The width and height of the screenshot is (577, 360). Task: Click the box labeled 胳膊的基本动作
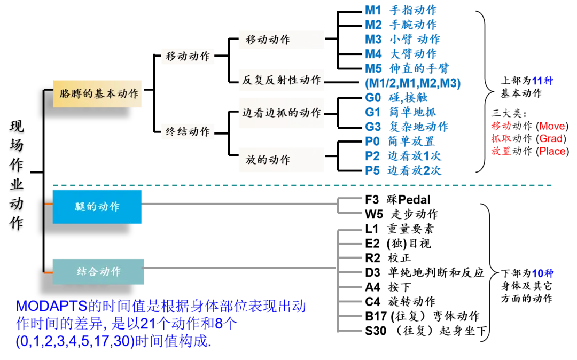[x=99, y=93]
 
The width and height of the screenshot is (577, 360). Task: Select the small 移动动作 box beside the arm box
[x=188, y=57]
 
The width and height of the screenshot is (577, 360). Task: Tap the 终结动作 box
[x=188, y=131]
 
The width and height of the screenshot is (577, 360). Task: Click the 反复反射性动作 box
[x=280, y=80]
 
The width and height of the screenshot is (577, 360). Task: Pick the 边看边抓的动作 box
[x=280, y=113]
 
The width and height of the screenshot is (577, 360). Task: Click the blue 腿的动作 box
[x=98, y=206]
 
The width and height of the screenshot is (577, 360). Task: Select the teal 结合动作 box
[x=99, y=271]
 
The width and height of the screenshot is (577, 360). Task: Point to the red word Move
[x=552, y=127]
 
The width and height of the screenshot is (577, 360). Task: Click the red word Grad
[x=551, y=139]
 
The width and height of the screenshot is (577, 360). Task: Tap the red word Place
[x=552, y=152]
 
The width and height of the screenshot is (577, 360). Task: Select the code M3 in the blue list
[x=372, y=40]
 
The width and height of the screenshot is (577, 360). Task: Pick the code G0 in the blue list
[x=372, y=97]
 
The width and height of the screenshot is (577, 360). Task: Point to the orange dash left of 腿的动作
[x=48, y=204]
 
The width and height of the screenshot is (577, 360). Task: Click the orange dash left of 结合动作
[x=48, y=273]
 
